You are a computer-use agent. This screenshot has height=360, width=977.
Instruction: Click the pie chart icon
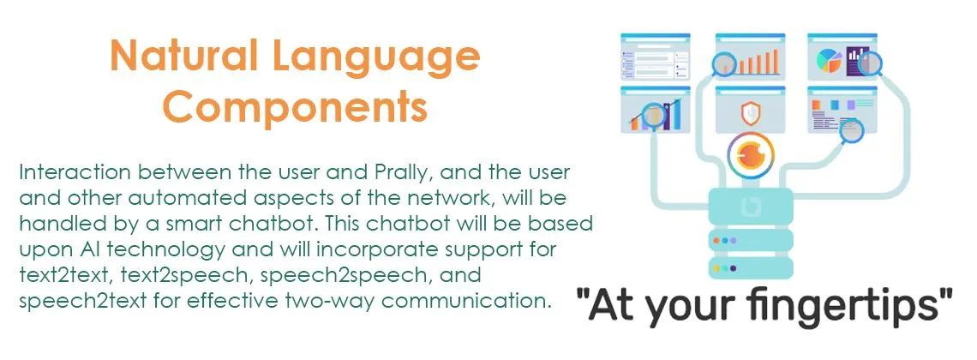[829, 60]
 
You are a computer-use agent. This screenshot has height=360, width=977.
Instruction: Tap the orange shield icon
[750, 113]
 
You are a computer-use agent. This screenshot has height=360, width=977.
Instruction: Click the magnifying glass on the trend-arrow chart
[654, 116]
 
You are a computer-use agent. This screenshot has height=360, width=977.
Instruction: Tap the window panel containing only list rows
[655, 57]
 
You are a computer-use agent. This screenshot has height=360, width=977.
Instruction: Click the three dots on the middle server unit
[724, 240]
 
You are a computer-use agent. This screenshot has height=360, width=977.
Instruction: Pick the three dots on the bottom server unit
[724, 268]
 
